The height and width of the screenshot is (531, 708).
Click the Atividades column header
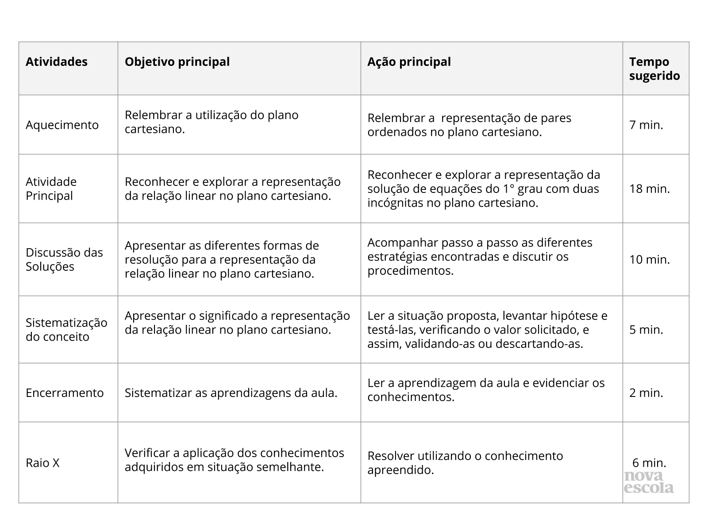[57, 62]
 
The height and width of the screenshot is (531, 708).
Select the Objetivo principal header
[177, 62]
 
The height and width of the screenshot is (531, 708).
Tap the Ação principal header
[409, 62]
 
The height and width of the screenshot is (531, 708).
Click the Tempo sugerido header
[654, 69]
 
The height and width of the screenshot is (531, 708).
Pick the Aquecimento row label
[62, 125]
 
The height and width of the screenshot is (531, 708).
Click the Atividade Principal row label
[51, 189]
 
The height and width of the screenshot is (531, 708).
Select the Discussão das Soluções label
[64, 259]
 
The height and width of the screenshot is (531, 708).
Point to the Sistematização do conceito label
[66, 330]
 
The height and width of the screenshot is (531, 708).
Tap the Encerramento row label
[65, 393]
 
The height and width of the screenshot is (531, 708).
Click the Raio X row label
[42, 463]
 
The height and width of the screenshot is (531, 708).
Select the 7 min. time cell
[646, 125]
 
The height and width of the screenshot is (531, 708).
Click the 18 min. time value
[650, 189]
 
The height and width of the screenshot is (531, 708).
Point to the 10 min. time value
[650, 259]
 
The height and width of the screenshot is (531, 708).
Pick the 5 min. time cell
[646, 330]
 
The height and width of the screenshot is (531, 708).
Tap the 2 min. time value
[646, 393]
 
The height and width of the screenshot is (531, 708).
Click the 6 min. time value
[649, 463]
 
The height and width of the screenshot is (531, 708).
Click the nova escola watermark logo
[649, 482]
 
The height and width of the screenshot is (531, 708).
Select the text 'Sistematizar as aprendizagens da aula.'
[231, 393]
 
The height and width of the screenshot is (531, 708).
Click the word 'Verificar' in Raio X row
[146, 453]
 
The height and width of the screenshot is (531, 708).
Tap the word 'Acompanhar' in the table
[399, 242]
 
